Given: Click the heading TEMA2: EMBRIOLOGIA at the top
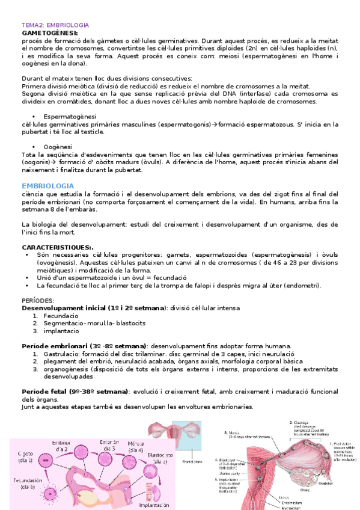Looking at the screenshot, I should click(55, 25).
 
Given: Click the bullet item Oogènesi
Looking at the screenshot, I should click(58, 147).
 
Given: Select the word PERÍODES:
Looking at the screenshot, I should click(37, 299).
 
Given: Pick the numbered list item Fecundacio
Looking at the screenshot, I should click(60, 315).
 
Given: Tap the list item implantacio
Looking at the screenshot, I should click(61, 330).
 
